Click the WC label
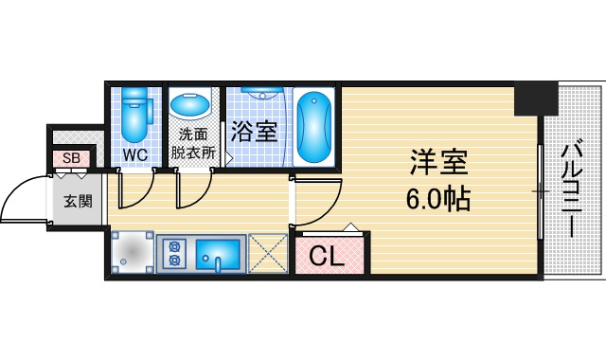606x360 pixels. (135, 155)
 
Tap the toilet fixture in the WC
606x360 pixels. (134, 115)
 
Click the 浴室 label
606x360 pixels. (255, 132)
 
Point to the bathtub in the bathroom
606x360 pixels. (313, 127)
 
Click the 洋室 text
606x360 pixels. (439, 162)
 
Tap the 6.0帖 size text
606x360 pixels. (437, 199)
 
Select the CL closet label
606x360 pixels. (327, 256)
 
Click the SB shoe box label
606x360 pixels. (72, 158)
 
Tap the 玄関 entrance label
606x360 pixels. (78, 201)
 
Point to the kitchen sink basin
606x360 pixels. (218, 255)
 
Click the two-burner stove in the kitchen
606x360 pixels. (175, 253)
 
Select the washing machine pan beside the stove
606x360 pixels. (133, 253)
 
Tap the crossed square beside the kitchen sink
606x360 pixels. (267, 253)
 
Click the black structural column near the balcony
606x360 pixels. (536, 99)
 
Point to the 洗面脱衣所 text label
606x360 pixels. (193, 143)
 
